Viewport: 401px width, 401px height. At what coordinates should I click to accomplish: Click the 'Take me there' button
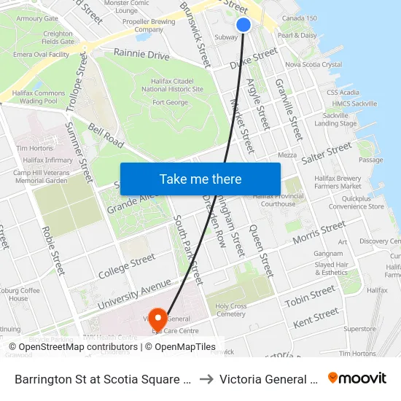[x=200, y=179]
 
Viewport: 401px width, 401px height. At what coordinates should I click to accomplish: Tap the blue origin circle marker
[x=244, y=25]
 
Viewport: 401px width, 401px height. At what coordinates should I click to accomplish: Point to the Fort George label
[x=170, y=102]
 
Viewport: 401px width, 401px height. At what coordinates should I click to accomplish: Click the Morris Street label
[x=319, y=233]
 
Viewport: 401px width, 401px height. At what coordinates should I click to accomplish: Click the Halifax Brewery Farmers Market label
[x=338, y=182]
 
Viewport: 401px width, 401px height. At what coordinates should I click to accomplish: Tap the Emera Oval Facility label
[x=41, y=55]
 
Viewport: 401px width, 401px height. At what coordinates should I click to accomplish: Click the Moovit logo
[x=357, y=378]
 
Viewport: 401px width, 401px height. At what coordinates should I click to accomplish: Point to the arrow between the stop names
[x=206, y=379]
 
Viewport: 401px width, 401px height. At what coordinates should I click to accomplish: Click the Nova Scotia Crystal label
[x=314, y=65]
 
